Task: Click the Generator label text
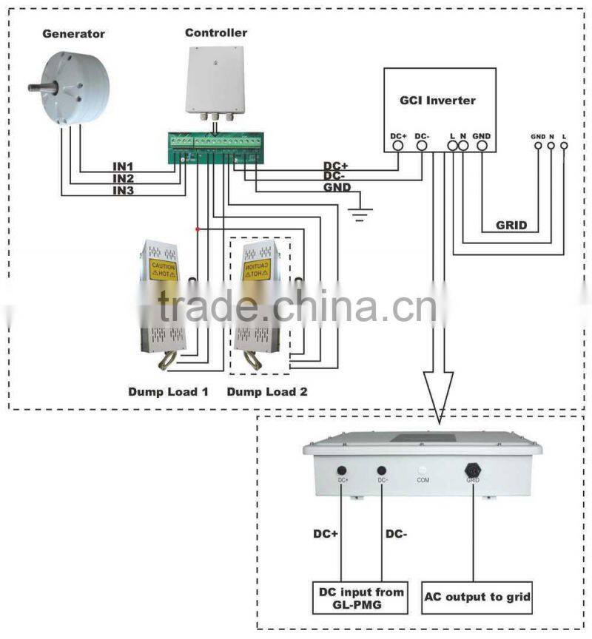pyautogui.click(x=73, y=34)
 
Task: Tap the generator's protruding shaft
pyautogui.click(x=37, y=88)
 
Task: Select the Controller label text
pyautogui.click(x=215, y=33)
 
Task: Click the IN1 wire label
pyautogui.click(x=123, y=166)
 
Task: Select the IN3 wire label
pyautogui.click(x=123, y=191)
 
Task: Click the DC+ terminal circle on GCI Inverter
pyautogui.click(x=397, y=146)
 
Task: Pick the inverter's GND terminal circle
pyautogui.click(x=481, y=146)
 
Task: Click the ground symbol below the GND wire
pyautogui.click(x=361, y=214)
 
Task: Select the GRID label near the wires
pyautogui.click(x=511, y=225)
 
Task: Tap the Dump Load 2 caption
pyautogui.click(x=266, y=391)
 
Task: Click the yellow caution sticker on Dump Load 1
pyautogui.click(x=162, y=269)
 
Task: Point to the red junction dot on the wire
pyautogui.click(x=197, y=229)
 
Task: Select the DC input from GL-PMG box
pyautogui.click(x=361, y=598)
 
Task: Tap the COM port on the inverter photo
pyautogui.click(x=422, y=470)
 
